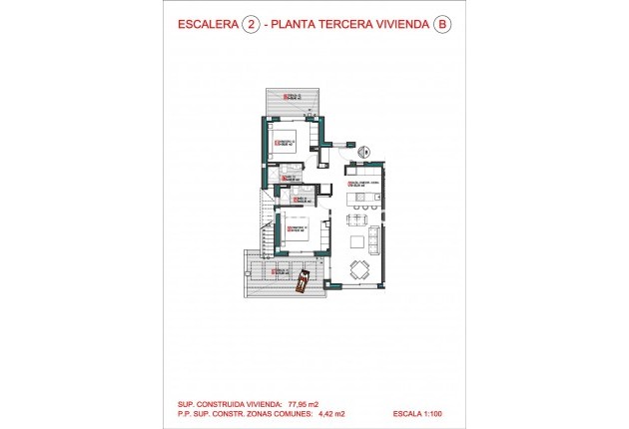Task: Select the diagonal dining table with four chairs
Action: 357,267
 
